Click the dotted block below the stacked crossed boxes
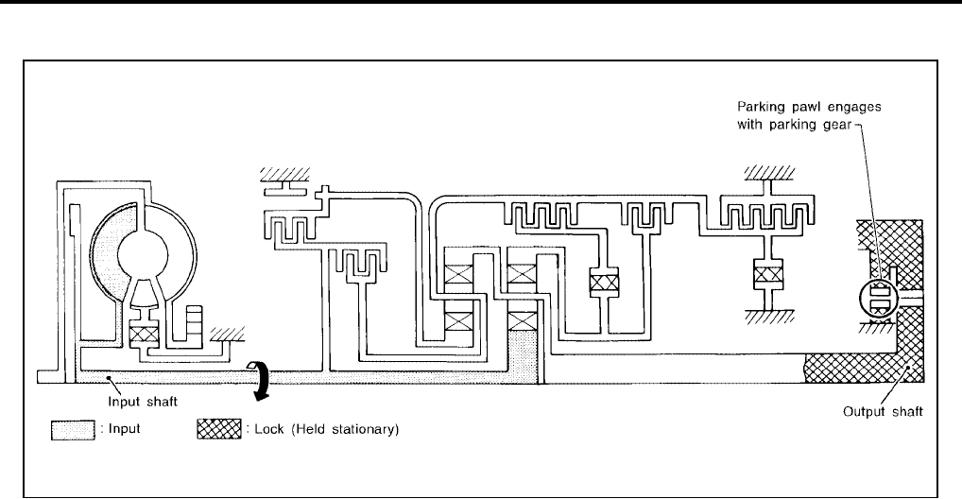point(523,353)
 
